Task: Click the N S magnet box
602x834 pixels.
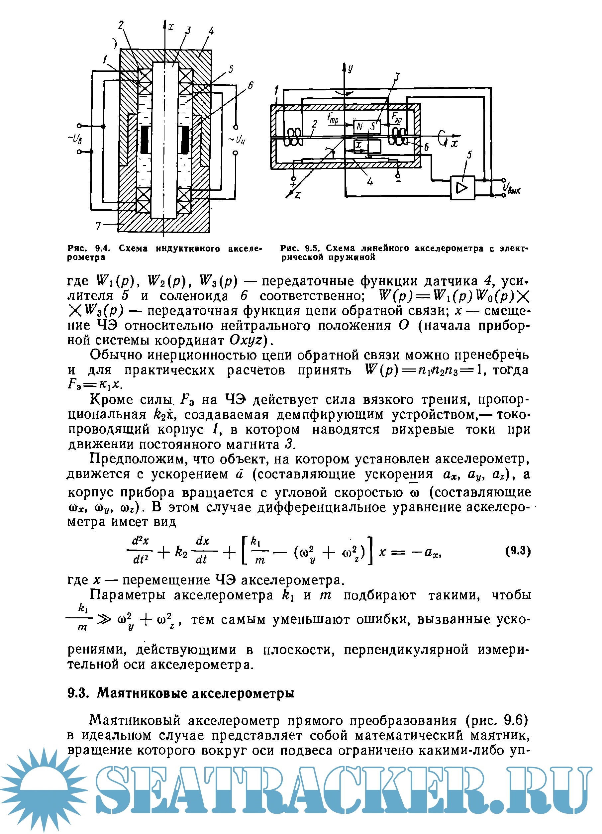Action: pos(365,127)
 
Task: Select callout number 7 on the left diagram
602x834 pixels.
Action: pos(98,225)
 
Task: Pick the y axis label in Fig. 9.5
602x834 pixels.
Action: pos(351,68)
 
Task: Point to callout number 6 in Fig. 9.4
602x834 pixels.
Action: pos(250,86)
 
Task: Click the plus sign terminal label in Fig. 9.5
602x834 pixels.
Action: pos(293,184)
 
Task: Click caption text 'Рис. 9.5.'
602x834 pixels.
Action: pos(299,248)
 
